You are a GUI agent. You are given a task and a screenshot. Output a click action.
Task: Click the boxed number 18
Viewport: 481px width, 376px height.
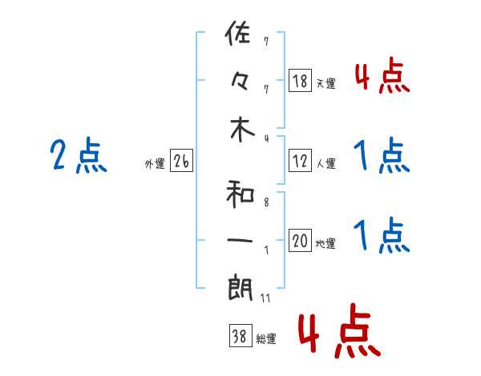pyautogui.click(x=300, y=81)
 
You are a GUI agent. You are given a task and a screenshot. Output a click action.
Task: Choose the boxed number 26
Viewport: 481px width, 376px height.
pyautogui.click(x=181, y=162)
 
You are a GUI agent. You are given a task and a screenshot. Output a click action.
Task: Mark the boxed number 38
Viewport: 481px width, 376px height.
pyautogui.click(x=239, y=338)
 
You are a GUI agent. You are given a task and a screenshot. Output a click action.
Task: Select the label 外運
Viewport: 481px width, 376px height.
pyautogui.click(x=155, y=164)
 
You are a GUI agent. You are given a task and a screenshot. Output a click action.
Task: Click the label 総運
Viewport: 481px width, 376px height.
pyautogui.click(x=266, y=339)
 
